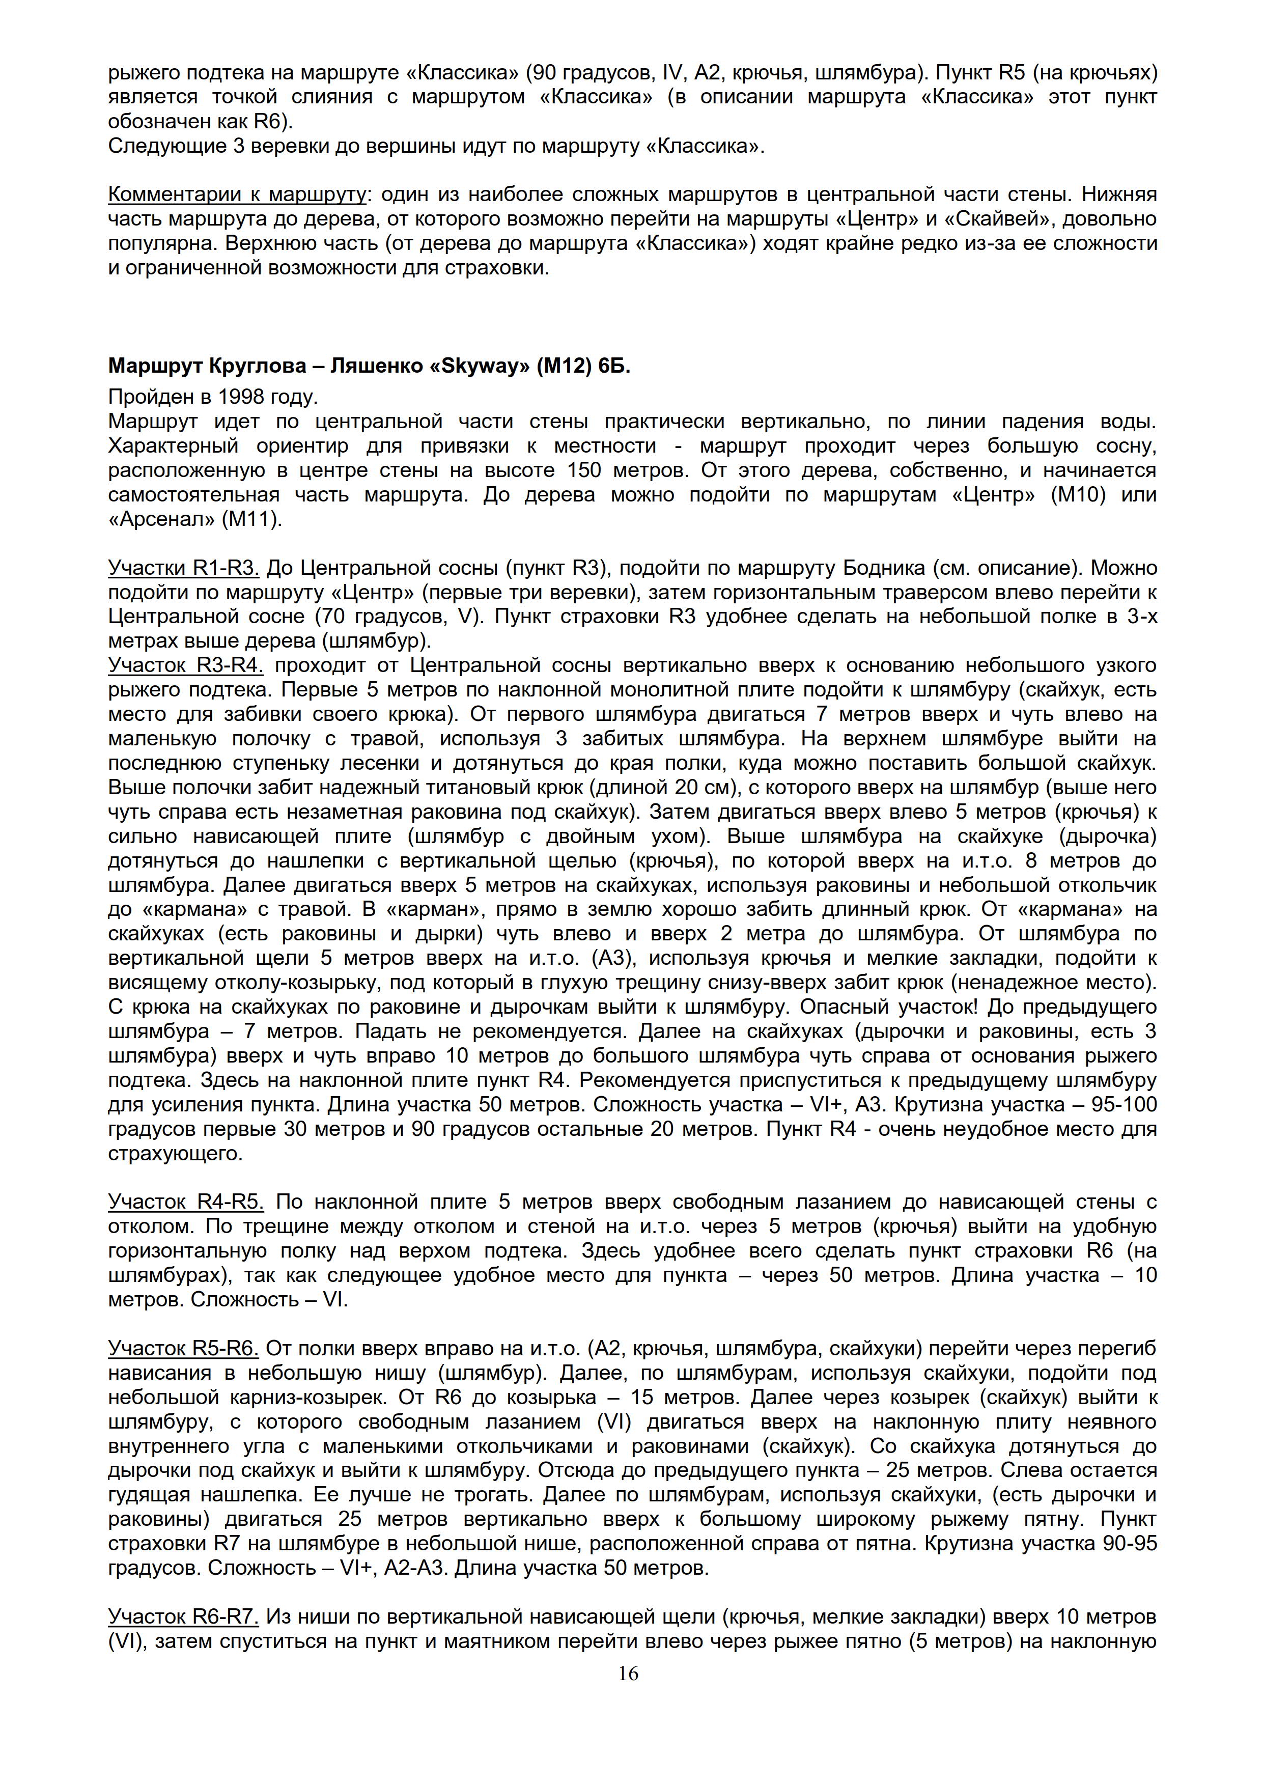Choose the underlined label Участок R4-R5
[x=186, y=1202]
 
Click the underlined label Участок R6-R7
[x=184, y=1617]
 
